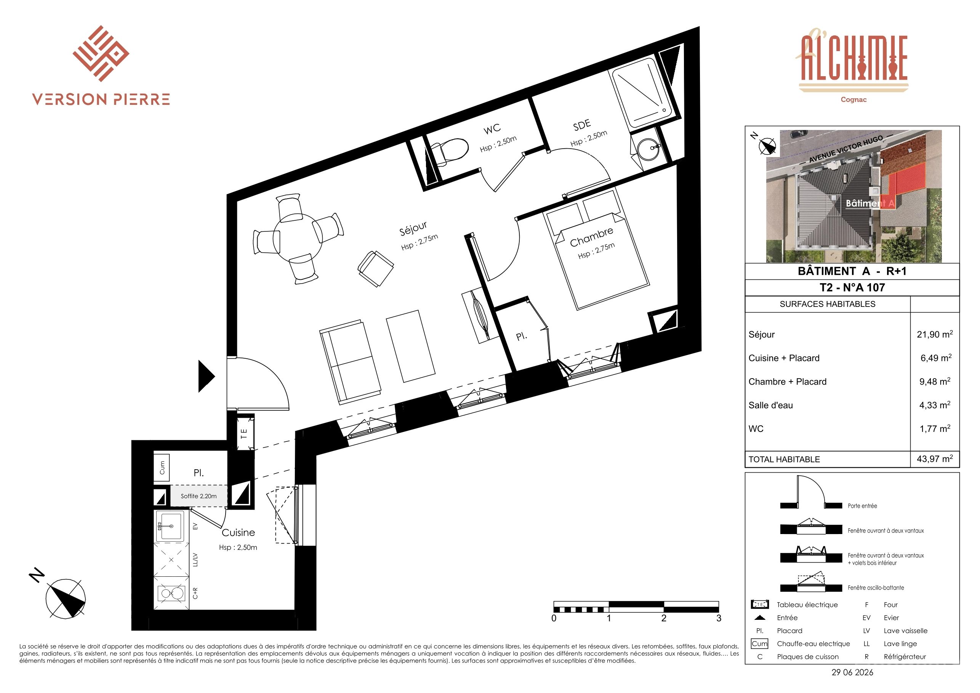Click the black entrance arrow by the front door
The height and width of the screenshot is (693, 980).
(207, 376)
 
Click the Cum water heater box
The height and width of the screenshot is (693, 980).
(162, 468)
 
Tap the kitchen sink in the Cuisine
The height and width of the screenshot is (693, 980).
(170, 526)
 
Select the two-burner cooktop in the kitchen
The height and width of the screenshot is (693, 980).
(171, 594)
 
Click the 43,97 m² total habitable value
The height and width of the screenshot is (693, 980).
(935, 459)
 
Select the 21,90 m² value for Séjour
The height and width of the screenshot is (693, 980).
(935, 334)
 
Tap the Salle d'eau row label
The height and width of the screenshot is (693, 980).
(770, 405)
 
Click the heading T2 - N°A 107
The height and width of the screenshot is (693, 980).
(852, 287)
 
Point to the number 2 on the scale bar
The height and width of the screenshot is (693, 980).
(664, 618)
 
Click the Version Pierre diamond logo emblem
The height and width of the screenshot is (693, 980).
(101, 53)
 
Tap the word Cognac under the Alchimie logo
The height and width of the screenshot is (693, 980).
(853, 99)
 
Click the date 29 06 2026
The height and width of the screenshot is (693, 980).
(852, 672)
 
